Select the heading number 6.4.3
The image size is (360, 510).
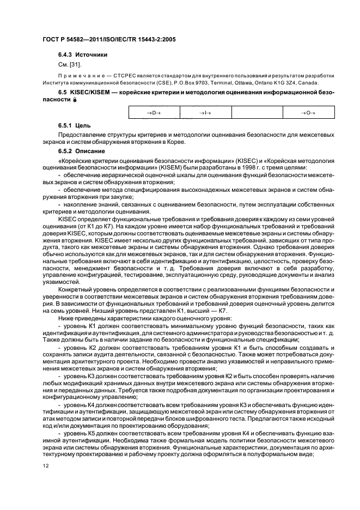66,54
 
